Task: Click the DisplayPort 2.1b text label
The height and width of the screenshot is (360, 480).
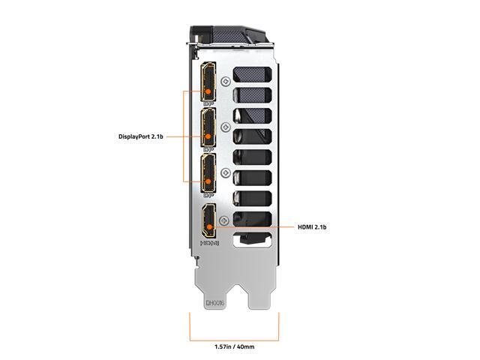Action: [140, 136]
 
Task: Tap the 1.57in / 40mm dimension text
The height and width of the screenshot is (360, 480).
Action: [234, 347]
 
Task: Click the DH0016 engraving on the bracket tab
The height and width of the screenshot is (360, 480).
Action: [214, 304]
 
